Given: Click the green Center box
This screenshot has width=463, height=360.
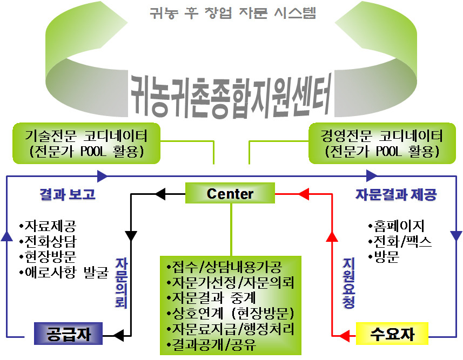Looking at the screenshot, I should [x=230, y=193].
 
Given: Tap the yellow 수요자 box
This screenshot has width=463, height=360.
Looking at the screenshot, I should [x=393, y=334].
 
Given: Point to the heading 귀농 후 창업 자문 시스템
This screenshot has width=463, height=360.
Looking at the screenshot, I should [x=232, y=13].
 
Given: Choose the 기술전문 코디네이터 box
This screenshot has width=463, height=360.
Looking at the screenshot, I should [x=86, y=144].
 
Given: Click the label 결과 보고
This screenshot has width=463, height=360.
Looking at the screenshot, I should [x=68, y=194].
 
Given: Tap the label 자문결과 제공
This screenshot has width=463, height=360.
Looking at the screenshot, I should [x=395, y=194].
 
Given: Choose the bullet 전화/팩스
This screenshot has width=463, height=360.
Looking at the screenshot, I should [x=400, y=241].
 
